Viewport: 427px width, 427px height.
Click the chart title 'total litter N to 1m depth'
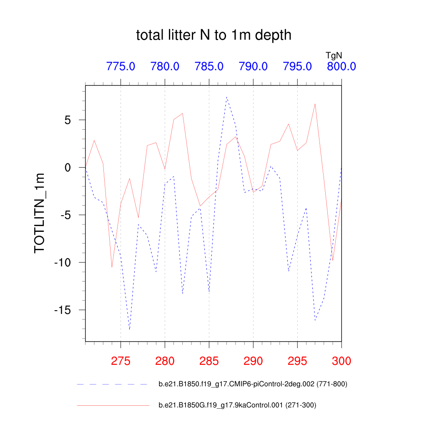pyautogui.click(x=213, y=35)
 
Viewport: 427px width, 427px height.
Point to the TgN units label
pyautogui.click(x=334, y=55)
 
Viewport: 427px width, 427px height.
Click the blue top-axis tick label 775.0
pyautogui.click(x=121, y=66)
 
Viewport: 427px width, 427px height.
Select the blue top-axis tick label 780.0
pyautogui.click(x=165, y=66)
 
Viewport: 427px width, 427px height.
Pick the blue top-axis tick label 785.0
pyautogui.click(x=209, y=66)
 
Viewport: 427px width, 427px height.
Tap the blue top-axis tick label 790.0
pyautogui.click(x=253, y=66)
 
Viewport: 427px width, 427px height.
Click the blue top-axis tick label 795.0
pyautogui.click(x=297, y=66)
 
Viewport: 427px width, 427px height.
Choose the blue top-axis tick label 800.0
pyautogui.click(x=341, y=66)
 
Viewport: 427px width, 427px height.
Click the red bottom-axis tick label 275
pyautogui.click(x=121, y=361)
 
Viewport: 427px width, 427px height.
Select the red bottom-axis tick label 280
pyautogui.click(x=165, y=361)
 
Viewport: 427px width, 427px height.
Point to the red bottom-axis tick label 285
pyautogui.click(x=209, y=361)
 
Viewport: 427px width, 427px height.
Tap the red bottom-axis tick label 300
pyautogui.click(x=342, y=361)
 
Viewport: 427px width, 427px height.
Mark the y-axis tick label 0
pyautogui.click(x=75, y=168)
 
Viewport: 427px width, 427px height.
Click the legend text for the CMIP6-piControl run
pyautogui.click(x=253, y=384)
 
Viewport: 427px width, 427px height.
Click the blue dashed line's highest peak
pyautogui.click(x=226, y=97)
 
